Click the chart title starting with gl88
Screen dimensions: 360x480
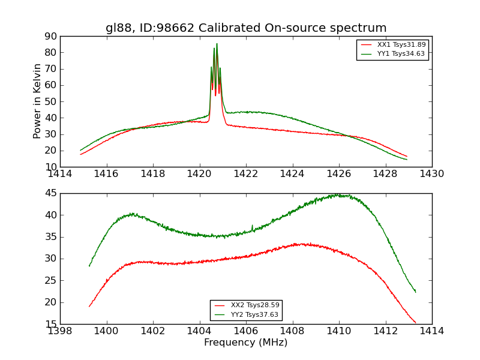(x=246, y=28)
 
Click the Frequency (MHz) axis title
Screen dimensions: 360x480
(x=246, y=343)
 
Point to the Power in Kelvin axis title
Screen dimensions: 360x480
(x=38, y=101)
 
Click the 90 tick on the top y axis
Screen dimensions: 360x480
(x=50, y=36)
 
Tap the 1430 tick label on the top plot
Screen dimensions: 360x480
(x=431, y=174)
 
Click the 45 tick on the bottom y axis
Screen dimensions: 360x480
(x=50, y=193)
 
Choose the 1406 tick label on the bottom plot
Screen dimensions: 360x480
(x=246, y=331)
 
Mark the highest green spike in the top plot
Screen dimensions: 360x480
(x=217, y=44)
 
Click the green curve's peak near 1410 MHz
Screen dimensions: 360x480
(x=338, y=195)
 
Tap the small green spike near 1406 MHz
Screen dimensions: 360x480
(x=252, y=226)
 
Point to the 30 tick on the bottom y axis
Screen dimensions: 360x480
(x=50, y=259)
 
